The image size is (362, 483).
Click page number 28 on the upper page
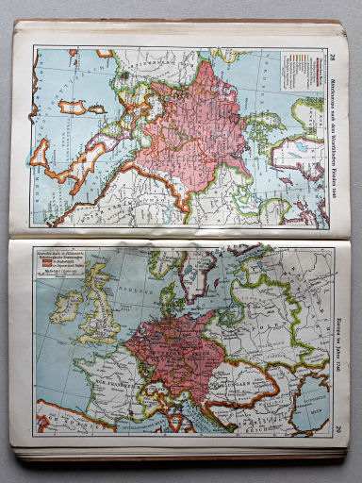(333, 37)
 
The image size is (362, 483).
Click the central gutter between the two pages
(179, 235)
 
